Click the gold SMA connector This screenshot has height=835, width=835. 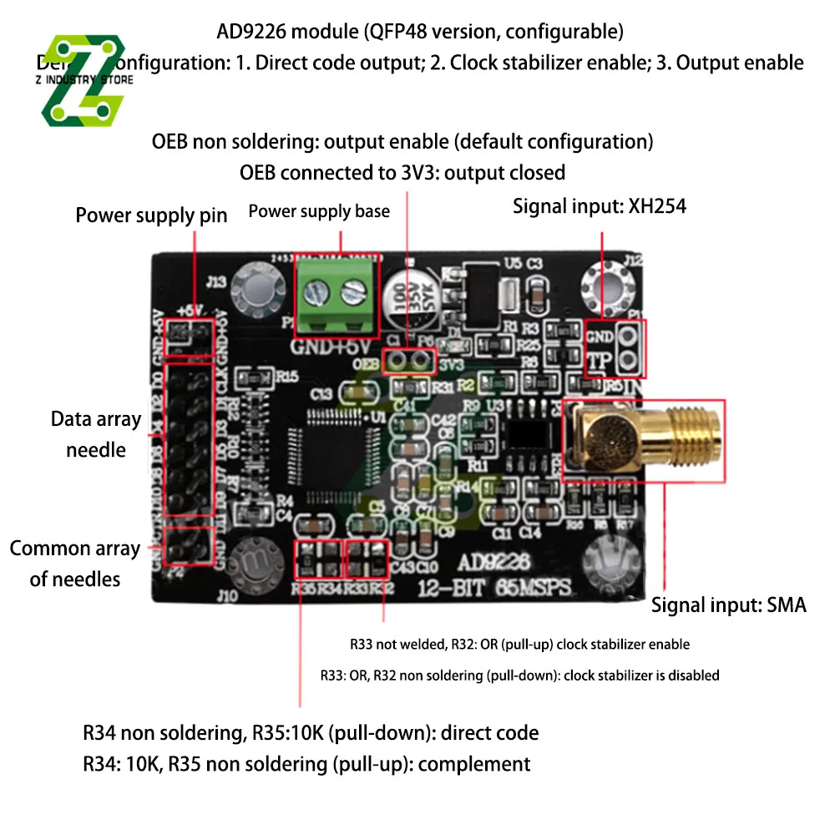tap(643, 440)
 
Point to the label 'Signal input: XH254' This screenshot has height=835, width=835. tap(599, 205)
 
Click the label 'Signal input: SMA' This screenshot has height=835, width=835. tap(728, 605)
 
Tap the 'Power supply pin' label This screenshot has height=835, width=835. tap(151, 215)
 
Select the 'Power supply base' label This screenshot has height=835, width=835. tap(319, 211)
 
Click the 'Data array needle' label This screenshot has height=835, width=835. tap(95, 434)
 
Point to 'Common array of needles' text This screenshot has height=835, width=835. tap(74, 564)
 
